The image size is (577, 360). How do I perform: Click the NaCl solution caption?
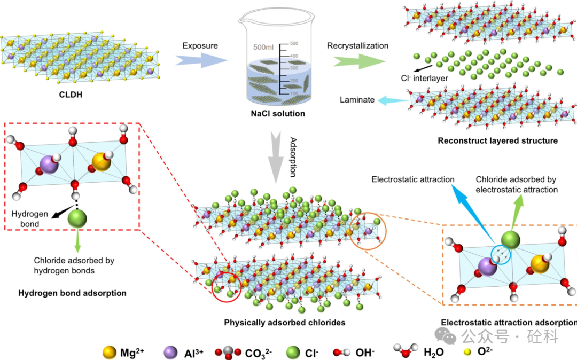click(x=278, y=113)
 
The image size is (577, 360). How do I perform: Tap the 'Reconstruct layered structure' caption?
click(x=497, y=141)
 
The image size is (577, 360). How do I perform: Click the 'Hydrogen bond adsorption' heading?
click(x=72, y=293)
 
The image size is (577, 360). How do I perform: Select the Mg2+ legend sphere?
click(x=109, y=352)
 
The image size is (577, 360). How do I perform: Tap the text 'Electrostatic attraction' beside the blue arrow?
click(x=413, y=179)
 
